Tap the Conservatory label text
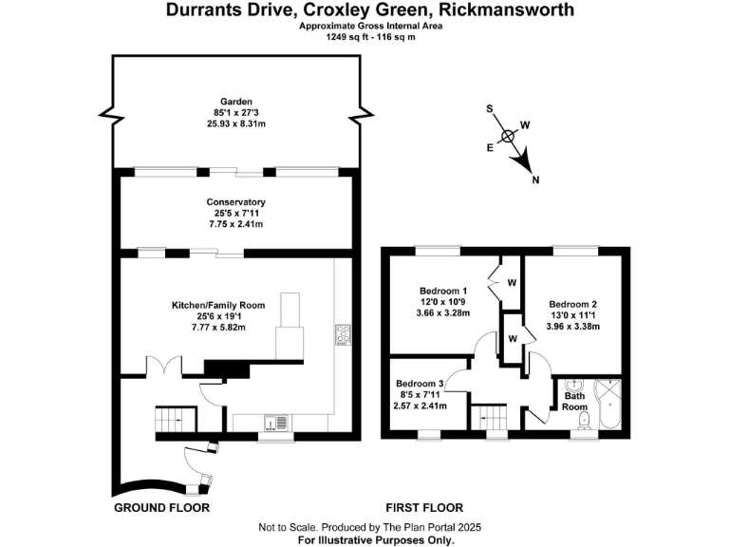pyautogui.click(x=235, y=202)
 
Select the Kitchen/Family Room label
pyautogui.click(x=217, y=305)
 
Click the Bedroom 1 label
pyautogui.click(x=443, y=291)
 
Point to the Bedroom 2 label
pyautogui.click(x=573, y=305)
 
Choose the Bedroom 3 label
pyautogui.click(x=420, y=383)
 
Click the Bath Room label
pyautogui.click(x=576, y=400)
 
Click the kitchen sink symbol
pyautogui.click(x=272, y=423)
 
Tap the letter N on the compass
pyautogui.click(x=536, y=179)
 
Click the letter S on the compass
pyautogui.click(x=490, y=108)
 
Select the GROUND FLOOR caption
pyautogui.click(x=161, y=508)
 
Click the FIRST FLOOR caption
pyautogui.click(x=424, y=508)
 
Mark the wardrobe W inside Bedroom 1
pyautogui.click(x=511, y=282)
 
